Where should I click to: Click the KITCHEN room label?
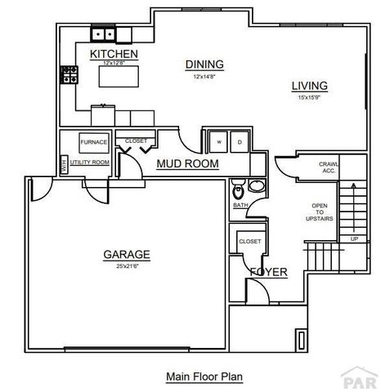(114, 54)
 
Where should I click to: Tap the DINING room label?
(204, 65)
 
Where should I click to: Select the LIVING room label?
(310, 85)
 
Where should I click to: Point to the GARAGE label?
(126, 254)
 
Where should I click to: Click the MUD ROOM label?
(188, 164)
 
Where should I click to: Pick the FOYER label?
(268, 271)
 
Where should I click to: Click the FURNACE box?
(94, 142)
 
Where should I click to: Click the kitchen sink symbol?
(104, 34)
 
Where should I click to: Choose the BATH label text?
(240, 205)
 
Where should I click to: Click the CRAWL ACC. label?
(327, 167)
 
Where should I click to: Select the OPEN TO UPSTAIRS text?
(320, 213)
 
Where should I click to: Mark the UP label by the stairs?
(354, 238)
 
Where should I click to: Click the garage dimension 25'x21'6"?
(126, 265)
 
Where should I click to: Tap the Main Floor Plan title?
(204, 376)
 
